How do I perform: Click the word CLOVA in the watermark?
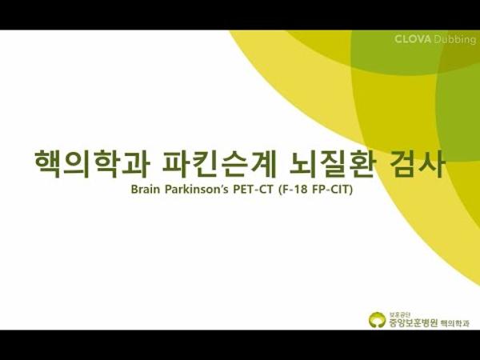click(x=413, y=39)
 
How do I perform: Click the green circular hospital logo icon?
click(x=376, y=320)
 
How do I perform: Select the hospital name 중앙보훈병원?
click(x=410, y=322)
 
